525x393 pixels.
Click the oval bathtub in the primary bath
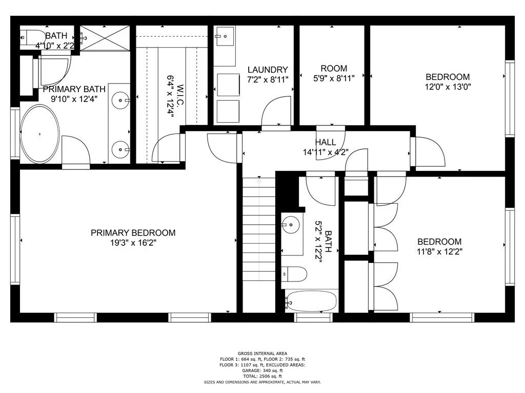click(x=39, y=134)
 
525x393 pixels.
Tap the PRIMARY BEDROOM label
click(x=133, y=233)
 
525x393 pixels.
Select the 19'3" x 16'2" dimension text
click(x=133, y=243)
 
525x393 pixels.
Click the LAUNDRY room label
click(x=268, y=70)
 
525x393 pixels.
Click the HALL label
click(x=326, y=142)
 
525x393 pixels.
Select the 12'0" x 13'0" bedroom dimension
click(x=448, y=87)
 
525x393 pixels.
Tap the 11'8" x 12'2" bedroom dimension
click(x=439, y=252)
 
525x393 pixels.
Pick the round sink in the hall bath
click(x=291, y=224)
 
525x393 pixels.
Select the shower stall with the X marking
click(x=105, y=38)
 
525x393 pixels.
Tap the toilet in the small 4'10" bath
click(x=33, y=37)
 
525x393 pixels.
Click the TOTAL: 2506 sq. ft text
click(x=262, y=376)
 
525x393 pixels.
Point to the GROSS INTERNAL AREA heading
click(x=262, y=353)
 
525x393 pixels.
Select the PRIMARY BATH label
click(x=70, y=89)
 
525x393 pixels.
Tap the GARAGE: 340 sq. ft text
click(x=262, y=370)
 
